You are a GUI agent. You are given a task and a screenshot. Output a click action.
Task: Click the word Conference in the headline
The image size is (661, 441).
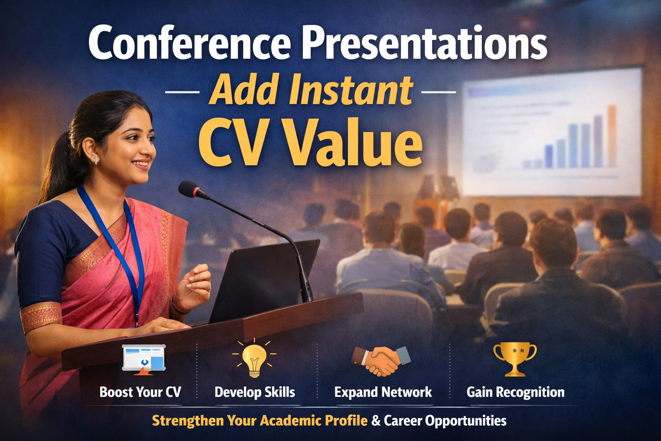pos(190,43)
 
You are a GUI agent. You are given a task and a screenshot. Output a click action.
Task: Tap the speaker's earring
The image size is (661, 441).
pos(96,160)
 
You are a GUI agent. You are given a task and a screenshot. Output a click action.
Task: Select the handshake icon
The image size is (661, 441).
pos(381,361)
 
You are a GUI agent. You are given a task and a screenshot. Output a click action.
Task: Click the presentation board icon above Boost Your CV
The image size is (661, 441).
pos(144,359)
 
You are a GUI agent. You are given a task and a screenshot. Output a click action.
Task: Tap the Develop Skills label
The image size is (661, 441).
pos(255,392)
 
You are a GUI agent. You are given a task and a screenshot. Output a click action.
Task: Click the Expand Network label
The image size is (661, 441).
pos(383,392)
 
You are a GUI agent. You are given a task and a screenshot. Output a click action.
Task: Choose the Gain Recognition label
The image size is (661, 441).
pos(516,392)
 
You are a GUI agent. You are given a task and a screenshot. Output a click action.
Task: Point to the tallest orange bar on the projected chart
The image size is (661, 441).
pos(612,136)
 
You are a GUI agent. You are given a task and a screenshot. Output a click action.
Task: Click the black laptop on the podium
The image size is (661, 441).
pos(264,281)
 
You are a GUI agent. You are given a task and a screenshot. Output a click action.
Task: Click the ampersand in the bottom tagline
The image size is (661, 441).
pos(376,421)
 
